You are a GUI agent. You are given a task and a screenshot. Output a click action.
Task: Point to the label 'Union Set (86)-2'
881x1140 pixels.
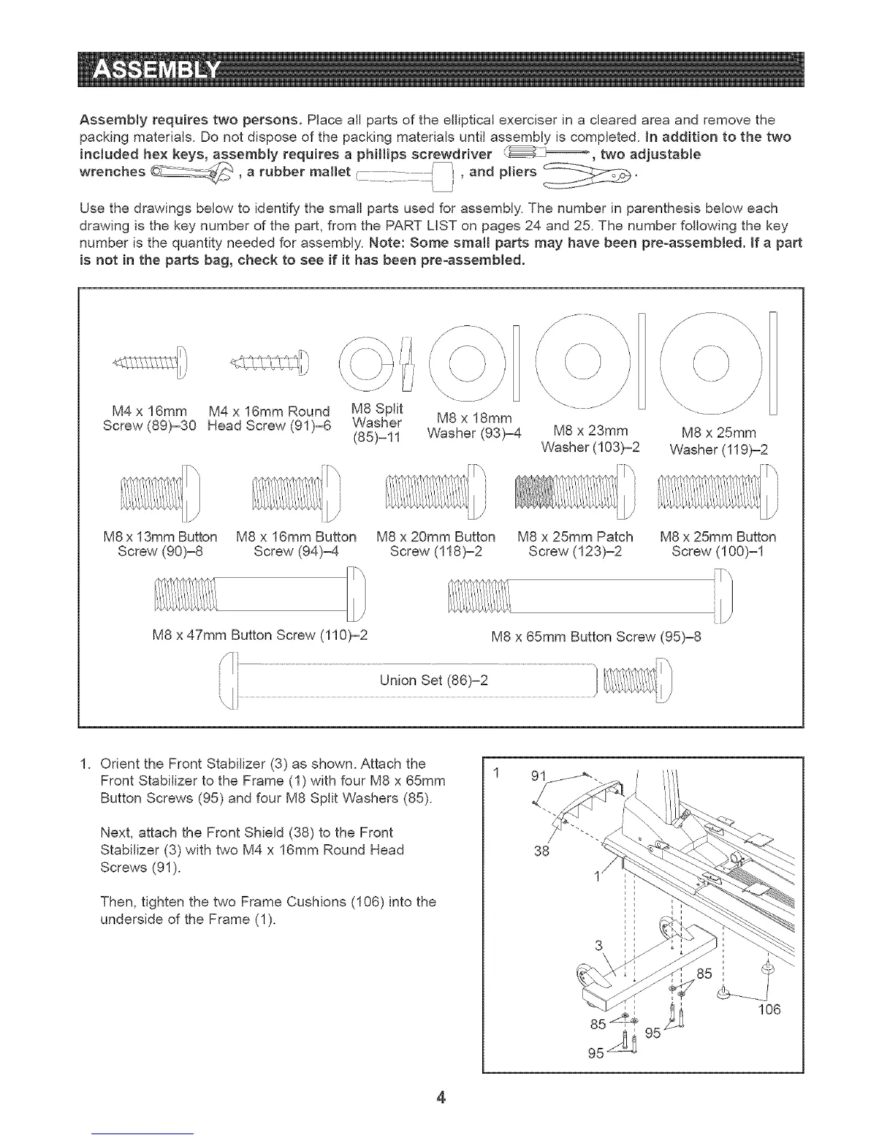coord(434,680)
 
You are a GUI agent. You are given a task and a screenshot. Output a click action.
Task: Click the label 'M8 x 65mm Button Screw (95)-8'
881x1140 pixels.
coord(595,636)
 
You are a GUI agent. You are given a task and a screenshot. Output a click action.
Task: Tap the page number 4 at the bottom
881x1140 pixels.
coord(441,1098)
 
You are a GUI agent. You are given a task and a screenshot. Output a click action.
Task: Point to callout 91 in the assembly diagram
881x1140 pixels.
coord(539,777)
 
